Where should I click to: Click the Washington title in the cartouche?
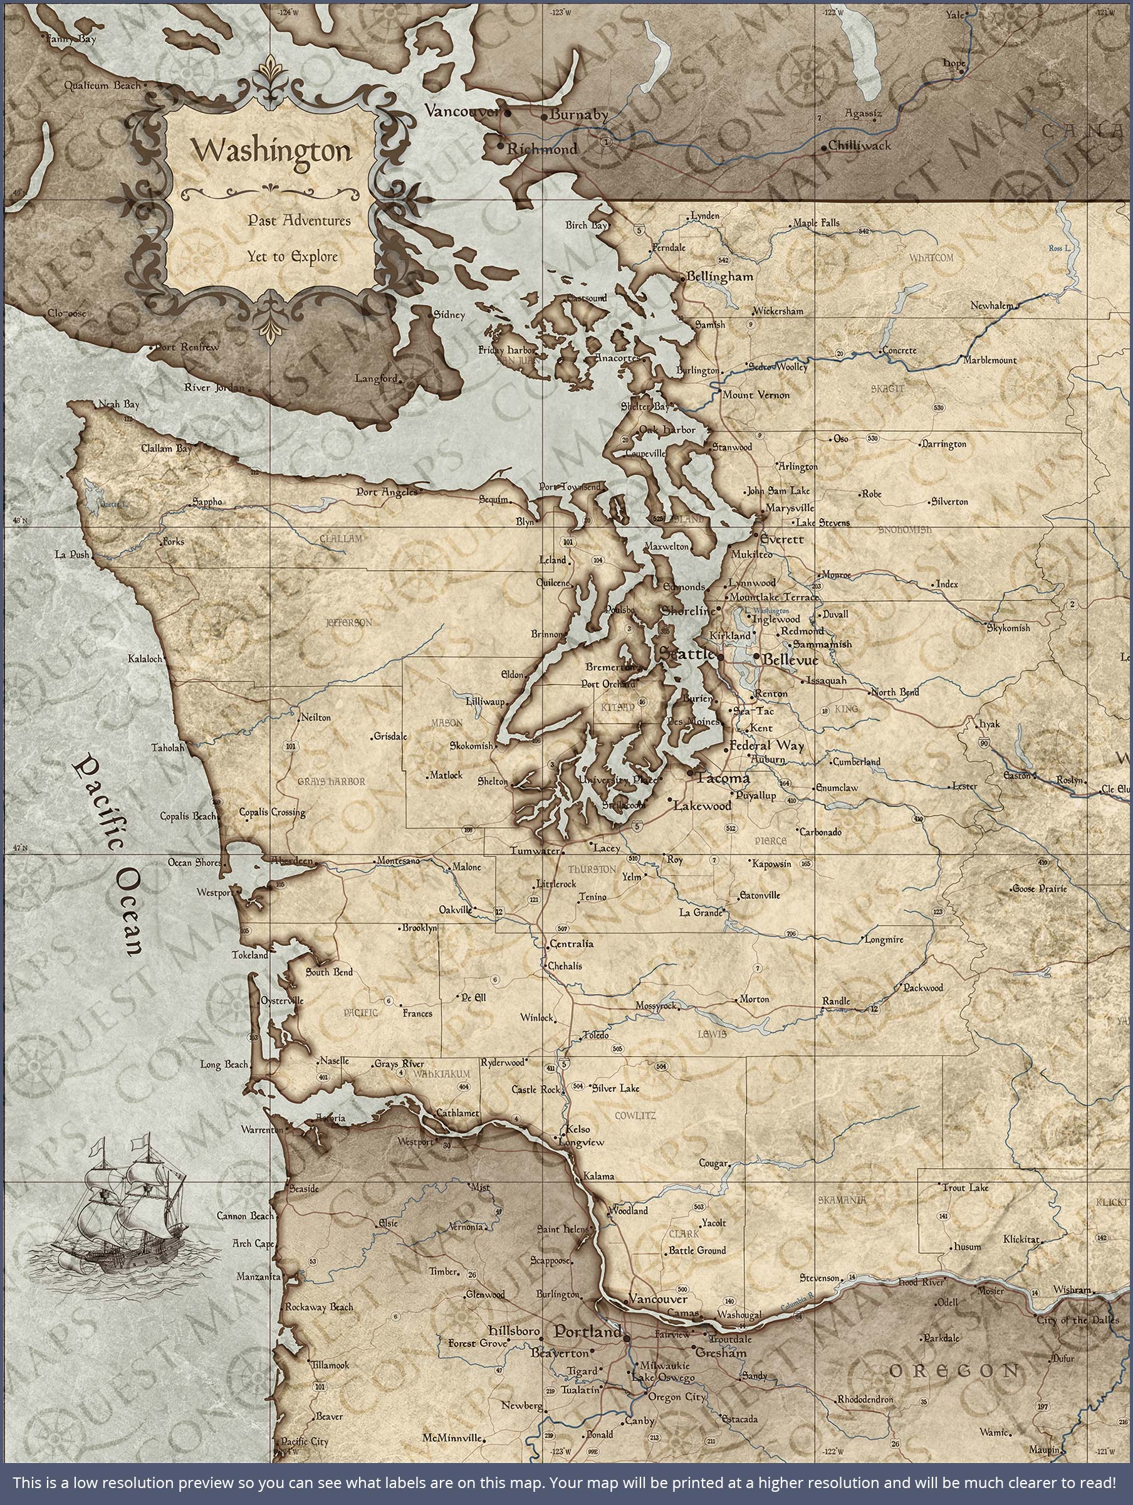[271, 151]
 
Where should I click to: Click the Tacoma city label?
[723, 778]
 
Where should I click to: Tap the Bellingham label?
[720, 277]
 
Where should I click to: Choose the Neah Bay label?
[118, 404]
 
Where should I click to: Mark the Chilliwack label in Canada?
[859, 145]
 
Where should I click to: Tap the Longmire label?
[884, 939]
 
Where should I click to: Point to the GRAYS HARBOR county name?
[332, 782]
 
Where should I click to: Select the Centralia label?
[572, 944]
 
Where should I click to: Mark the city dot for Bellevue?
[756, 656]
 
